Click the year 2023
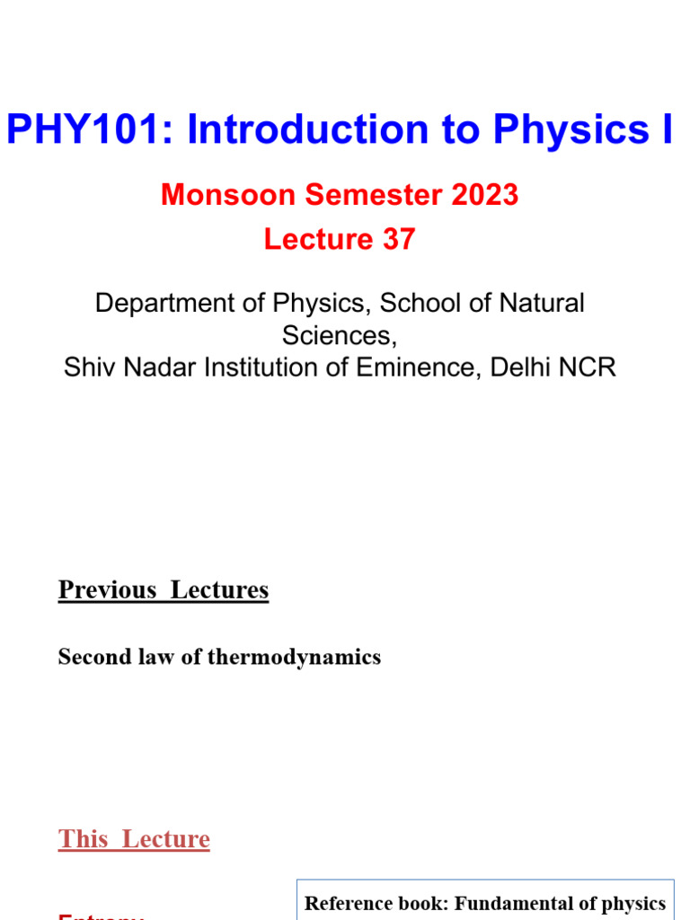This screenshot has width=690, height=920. point(485,195)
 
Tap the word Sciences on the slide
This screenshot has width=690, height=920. point(338,335)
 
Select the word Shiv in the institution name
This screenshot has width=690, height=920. point(83,367)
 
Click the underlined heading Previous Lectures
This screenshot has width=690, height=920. point(164,590)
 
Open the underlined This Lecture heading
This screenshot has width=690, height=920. point(134,839)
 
